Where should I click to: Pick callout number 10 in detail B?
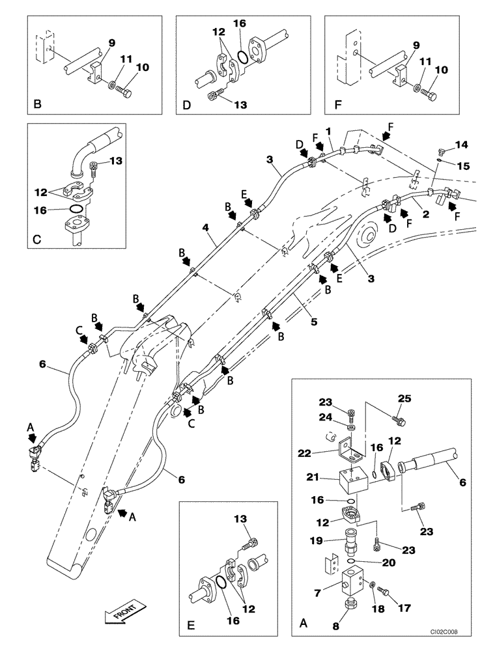141,67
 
